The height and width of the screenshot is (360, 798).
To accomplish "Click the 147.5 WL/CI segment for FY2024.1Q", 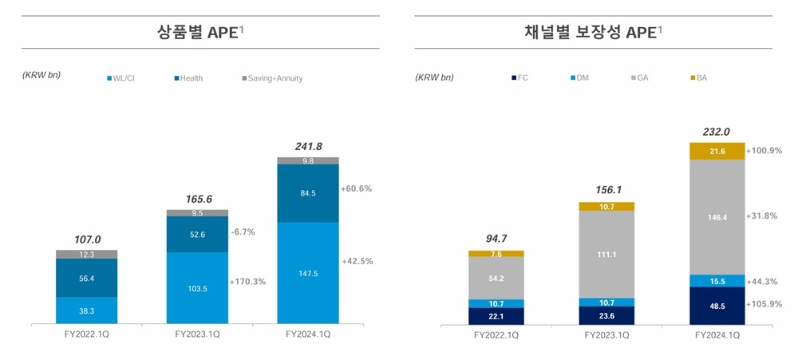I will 307,272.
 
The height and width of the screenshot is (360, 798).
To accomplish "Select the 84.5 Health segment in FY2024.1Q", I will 307,192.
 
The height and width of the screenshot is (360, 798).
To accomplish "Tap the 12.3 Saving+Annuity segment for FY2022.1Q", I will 86,254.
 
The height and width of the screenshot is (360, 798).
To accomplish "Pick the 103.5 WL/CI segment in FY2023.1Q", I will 196,287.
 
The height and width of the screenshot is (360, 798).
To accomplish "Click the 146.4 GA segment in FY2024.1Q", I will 717,216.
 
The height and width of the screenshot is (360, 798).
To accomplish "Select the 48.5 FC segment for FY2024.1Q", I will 717,306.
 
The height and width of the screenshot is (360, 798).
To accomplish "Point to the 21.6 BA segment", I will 717,151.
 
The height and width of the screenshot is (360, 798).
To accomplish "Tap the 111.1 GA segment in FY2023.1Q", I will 606,254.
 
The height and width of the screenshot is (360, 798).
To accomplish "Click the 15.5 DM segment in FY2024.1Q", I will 717,281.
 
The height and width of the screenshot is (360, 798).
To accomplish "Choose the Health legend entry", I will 191,78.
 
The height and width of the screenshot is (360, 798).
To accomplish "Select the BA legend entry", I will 701,78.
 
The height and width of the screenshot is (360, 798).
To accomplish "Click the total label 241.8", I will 307,146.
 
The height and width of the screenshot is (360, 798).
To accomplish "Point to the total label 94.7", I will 496,238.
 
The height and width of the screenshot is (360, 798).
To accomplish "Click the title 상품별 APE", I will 199,33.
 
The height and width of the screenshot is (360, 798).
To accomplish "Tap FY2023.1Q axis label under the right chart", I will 606,336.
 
